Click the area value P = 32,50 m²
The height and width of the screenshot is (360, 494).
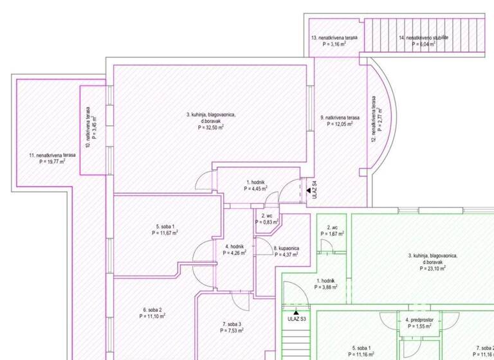point(211,128)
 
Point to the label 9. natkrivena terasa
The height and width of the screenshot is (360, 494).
point(340,118)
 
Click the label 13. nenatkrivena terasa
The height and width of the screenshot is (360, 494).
point(334,38)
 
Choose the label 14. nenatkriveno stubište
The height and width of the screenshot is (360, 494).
point(422,38)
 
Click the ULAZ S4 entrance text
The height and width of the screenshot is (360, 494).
point(315,191)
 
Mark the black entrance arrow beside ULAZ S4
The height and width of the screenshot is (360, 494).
point(308,191)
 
